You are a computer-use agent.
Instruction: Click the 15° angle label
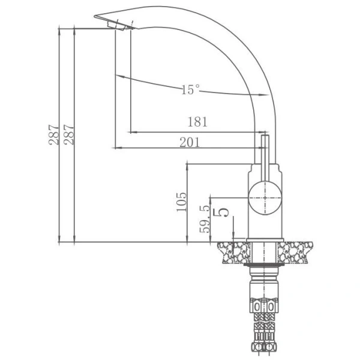[x=190, y=90]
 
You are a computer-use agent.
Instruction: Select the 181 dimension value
[x=197, y=122]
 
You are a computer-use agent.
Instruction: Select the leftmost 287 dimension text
[x=55, y=134]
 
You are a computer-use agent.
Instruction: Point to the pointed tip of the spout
[x=97, y=17]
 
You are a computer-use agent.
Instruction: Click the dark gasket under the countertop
[x=264, y=265]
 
